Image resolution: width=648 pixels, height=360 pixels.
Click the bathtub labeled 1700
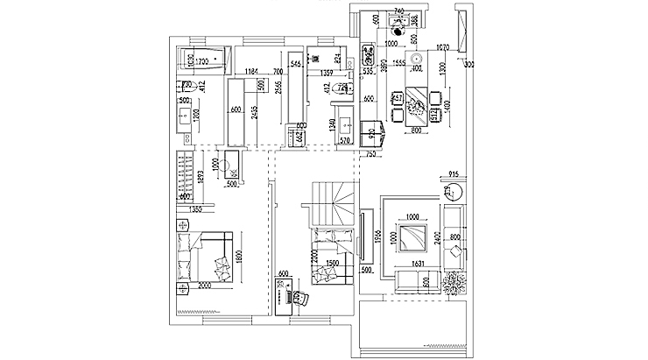(203, 61)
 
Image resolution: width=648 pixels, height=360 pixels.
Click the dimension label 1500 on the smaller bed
(332, 263)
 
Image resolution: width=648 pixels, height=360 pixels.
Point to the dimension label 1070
(441, 46)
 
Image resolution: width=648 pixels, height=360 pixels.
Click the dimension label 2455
(252, 112)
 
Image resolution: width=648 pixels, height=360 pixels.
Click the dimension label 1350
(195, 210)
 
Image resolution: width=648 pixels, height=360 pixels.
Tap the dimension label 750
(370, 153)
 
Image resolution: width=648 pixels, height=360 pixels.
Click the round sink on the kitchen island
(417, 61)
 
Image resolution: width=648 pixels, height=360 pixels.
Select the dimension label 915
(454, 173)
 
